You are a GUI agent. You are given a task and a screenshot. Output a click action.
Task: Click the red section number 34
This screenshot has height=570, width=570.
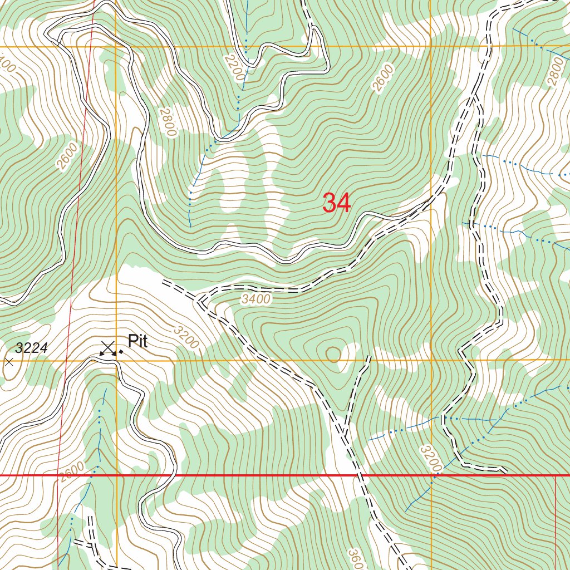pos(337,203)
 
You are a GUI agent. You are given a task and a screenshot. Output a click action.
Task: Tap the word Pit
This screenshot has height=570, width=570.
pos(137,341)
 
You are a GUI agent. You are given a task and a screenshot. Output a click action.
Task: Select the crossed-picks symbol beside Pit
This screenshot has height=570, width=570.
pos(108,348)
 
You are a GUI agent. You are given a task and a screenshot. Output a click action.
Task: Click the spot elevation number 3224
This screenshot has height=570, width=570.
pos(32,348)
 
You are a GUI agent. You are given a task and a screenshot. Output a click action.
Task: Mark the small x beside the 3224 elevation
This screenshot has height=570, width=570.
pos(9,362)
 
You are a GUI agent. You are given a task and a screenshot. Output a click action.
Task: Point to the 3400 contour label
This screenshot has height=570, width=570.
pos(256,299)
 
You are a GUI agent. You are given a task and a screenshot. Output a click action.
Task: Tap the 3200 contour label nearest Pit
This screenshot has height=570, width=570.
pos(185,337)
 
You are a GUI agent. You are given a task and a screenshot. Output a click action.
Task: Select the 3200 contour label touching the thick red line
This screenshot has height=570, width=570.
pos(431,458)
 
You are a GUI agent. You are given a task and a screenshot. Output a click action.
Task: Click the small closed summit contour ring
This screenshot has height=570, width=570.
pos(333,353)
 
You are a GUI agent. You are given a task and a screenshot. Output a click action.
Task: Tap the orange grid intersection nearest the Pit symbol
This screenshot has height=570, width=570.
pos(116,361)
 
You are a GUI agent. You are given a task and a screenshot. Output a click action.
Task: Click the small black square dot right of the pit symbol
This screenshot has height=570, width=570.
pos(121,352)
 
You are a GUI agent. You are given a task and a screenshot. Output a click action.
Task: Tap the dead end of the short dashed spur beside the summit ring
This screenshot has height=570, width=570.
pos(369,357)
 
